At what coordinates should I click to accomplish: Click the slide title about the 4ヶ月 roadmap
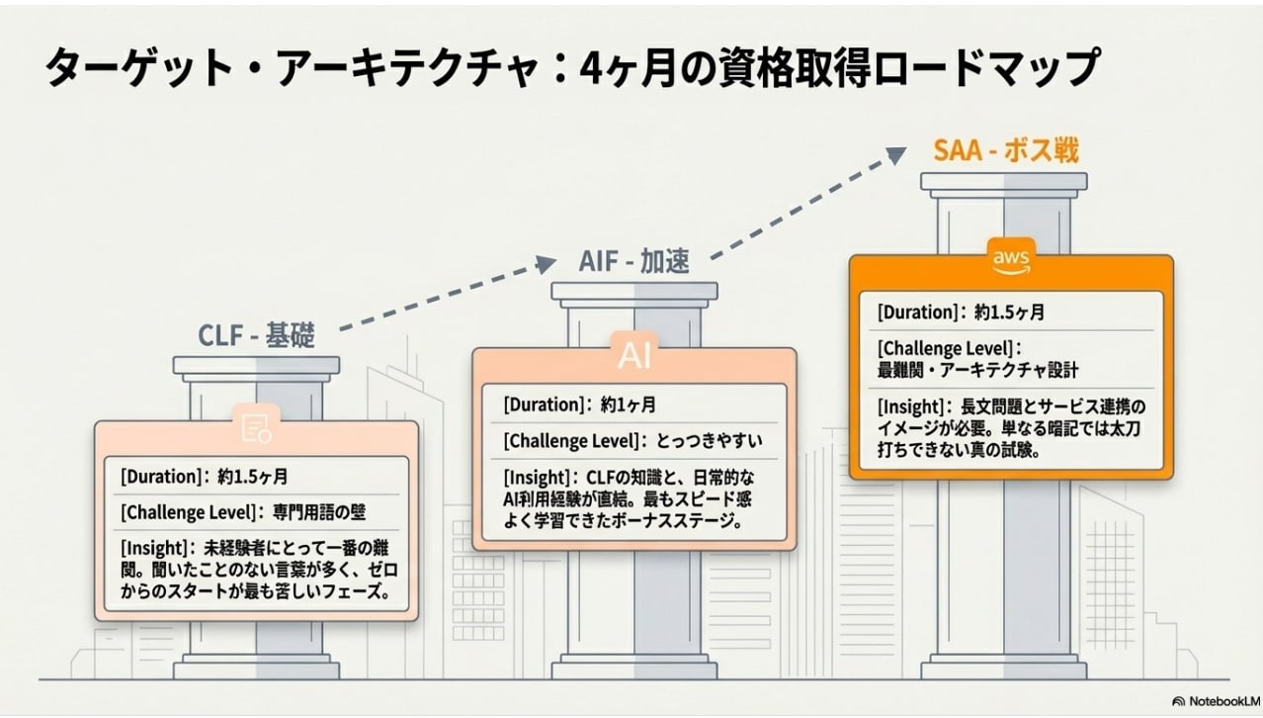571,69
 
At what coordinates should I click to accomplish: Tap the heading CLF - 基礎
257,336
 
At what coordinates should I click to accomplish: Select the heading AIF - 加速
633,262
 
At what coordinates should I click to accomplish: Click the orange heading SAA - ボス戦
1006,150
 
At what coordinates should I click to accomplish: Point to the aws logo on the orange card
1011,258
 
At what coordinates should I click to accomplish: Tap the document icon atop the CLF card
256,426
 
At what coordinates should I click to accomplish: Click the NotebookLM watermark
1208,698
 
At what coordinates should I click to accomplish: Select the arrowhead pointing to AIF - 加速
547,263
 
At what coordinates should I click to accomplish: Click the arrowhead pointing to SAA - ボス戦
895,153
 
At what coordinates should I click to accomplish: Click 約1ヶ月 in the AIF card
628,404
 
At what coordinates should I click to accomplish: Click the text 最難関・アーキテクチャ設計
978,370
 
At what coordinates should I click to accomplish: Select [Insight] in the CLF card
153,547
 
